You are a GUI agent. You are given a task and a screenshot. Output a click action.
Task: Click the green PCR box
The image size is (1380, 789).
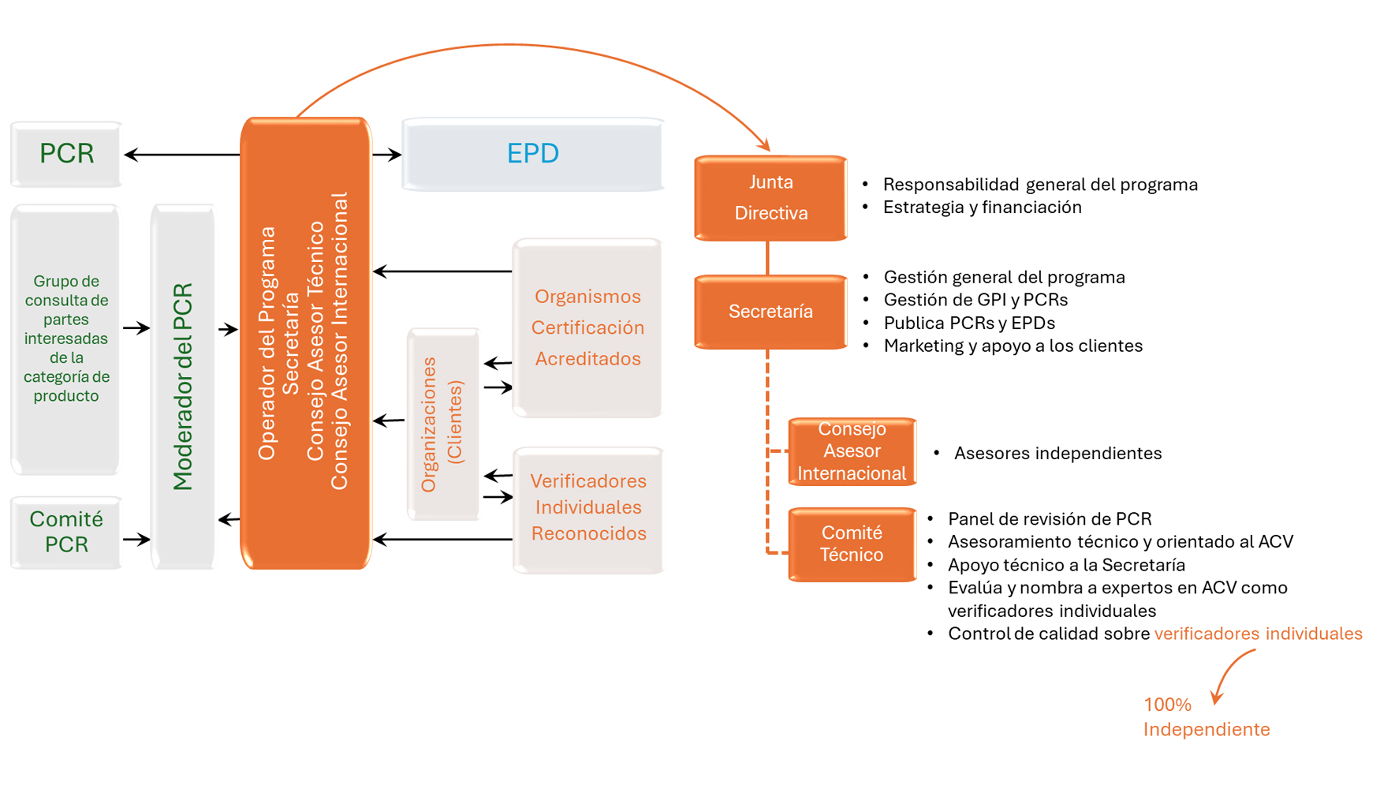click(x=66, y=154)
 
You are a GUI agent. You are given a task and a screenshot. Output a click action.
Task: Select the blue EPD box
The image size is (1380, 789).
click(x=533, y=154)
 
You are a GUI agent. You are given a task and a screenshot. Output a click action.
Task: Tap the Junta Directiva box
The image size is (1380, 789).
click(x=770, y=197)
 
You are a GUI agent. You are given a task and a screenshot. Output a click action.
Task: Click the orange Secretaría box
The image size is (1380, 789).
click(x=770, y=312)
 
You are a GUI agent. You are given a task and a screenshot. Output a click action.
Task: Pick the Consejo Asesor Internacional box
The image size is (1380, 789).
click(x=852, y=451)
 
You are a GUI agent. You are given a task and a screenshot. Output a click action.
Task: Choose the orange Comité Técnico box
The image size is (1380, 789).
click(x=852, y=544)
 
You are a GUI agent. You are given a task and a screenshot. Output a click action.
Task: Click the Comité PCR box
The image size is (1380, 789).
click(x=66, y=532)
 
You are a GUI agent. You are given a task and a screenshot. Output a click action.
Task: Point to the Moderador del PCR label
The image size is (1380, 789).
click(x=183, y=387)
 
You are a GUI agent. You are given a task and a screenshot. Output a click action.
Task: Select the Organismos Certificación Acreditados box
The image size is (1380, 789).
click(x=587, y=327)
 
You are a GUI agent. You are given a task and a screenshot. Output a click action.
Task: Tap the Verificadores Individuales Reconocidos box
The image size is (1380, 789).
click(x=588, y=507)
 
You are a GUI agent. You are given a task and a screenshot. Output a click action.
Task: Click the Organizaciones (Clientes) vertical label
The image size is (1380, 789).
click(x=442, y=424)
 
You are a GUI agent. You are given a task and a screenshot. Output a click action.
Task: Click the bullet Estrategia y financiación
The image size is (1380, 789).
click(x=982, y=208)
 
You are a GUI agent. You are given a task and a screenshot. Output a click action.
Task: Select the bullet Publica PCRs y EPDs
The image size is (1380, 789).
click(x=969, y=323)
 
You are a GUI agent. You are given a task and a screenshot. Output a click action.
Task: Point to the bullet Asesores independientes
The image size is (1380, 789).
click(x=1057, y=454)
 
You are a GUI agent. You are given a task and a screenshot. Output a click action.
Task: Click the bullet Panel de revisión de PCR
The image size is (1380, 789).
click(x=1049, y=519)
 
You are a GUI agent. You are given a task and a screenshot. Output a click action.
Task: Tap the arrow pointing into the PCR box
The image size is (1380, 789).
click(x=181, y=155)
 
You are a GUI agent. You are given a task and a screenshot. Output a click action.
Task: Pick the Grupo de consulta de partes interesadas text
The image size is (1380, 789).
click(x=66, y=338)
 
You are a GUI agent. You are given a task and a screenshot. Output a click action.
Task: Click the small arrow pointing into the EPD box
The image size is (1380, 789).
click(x=387, y=155)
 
